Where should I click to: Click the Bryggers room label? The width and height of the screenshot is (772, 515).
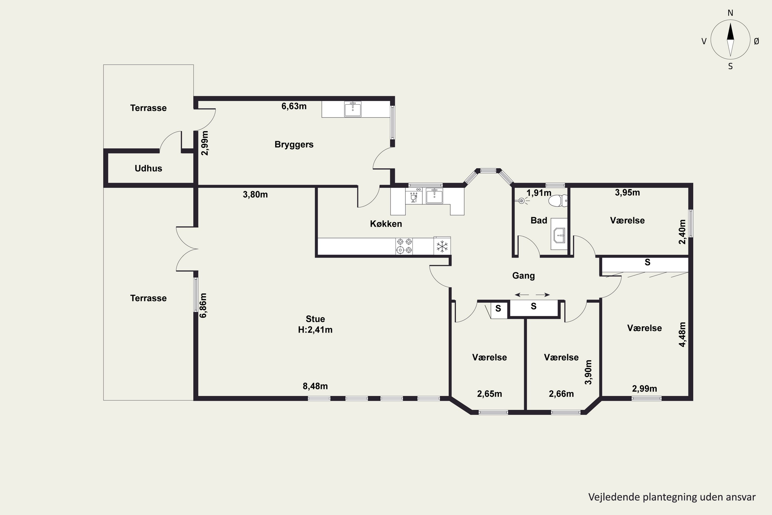point(294,144)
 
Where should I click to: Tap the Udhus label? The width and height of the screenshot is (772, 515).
point(148,168)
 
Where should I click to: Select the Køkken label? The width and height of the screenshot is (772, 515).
point(386,224)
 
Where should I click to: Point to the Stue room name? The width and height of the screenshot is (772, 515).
point(315,319)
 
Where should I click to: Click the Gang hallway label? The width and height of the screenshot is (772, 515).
point(523,276)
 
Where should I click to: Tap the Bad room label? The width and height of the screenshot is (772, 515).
point(539,220)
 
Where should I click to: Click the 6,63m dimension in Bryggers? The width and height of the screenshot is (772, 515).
point(294,106)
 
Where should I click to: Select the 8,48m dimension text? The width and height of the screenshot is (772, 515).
point(315,386)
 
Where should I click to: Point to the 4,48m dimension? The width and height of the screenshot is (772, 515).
point(682,334)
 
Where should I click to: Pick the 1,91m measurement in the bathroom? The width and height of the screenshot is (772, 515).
point(539,193)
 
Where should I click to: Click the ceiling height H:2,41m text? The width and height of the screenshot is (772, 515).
point(315,330)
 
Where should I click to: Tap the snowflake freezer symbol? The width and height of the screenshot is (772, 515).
point(442,246)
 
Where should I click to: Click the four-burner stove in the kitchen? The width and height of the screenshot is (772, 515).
point(404,246)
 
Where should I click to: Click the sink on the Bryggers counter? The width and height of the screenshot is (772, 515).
point(353,109)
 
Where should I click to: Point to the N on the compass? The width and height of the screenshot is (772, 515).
point(730,13)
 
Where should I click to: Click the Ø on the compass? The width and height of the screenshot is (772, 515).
point(756,41)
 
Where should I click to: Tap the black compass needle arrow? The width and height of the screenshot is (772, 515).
point(730,31)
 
